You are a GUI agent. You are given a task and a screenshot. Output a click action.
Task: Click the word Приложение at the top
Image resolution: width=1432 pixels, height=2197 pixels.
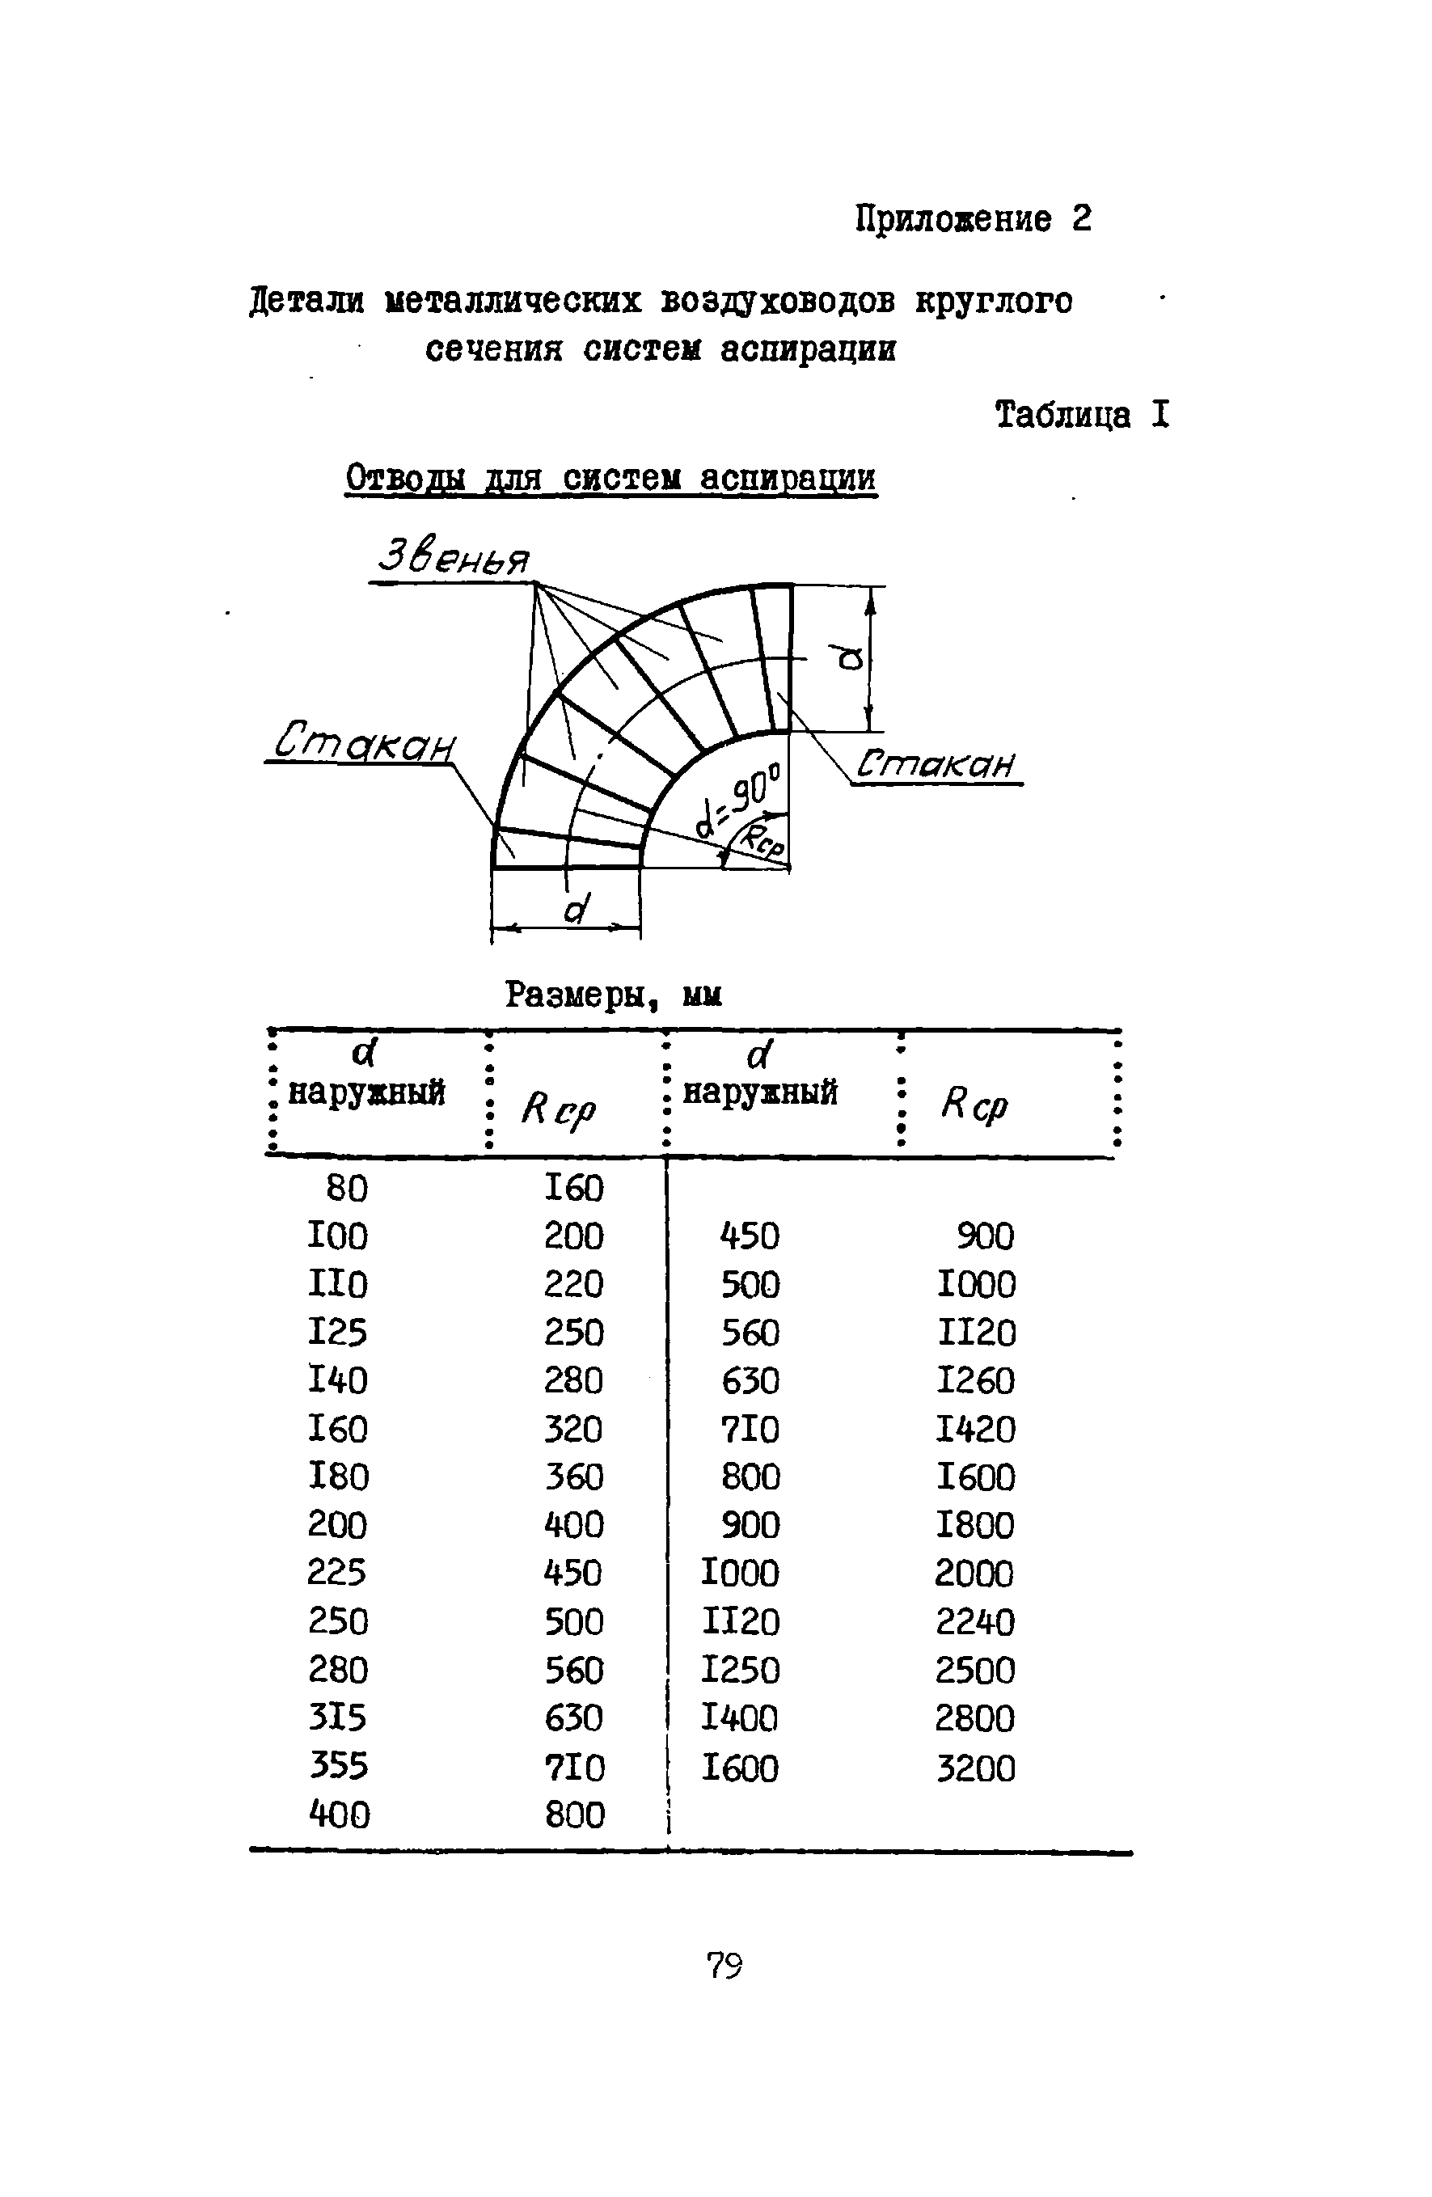coord(952,221)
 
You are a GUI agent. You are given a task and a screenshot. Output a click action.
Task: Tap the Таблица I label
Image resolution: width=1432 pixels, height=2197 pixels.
coord(1081,416)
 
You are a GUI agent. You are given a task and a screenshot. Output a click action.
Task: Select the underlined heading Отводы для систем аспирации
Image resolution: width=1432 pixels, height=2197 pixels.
coord(610,478)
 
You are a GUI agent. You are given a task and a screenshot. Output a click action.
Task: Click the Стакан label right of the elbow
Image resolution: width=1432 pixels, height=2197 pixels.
coord(935,764)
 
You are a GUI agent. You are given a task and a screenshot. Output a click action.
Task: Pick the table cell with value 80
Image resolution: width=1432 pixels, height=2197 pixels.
coord(346,1188)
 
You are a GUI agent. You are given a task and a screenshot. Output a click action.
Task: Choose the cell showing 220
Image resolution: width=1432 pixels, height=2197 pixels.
coord(573,1284)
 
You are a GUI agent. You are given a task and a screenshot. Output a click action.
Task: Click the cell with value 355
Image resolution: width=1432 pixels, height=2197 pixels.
coord(338,1766)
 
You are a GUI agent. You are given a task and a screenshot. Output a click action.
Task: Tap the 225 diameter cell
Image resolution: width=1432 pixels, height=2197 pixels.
coord(337,1573)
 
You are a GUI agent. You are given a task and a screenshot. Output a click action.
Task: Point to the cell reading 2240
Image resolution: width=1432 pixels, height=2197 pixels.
coord(975,1622)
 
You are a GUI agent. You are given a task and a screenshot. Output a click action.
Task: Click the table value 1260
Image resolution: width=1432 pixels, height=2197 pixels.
coord(976,1381)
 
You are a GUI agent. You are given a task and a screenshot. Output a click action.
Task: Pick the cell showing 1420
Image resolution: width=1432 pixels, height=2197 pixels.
coord(976,1430)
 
